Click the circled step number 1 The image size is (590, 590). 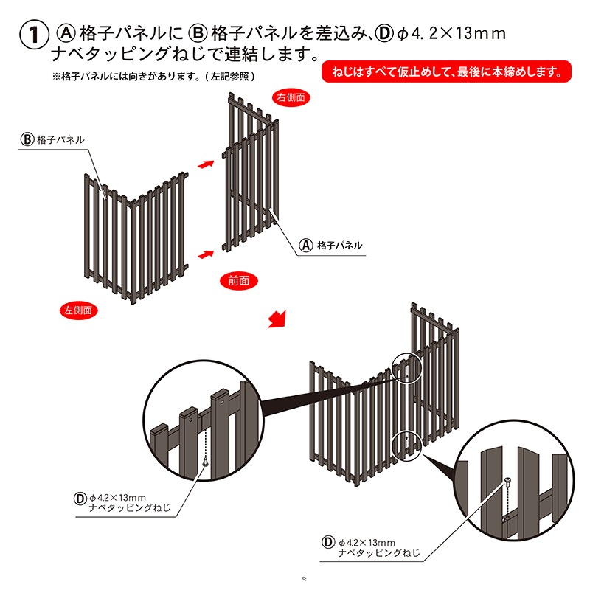pos(32,35)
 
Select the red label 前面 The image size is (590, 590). pos(239,280)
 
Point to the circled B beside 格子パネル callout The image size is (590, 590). pos(27,139)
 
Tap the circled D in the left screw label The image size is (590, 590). pos(79,498)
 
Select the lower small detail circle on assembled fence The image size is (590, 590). pos(406,445)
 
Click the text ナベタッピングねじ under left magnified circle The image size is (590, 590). pos(130,509)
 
